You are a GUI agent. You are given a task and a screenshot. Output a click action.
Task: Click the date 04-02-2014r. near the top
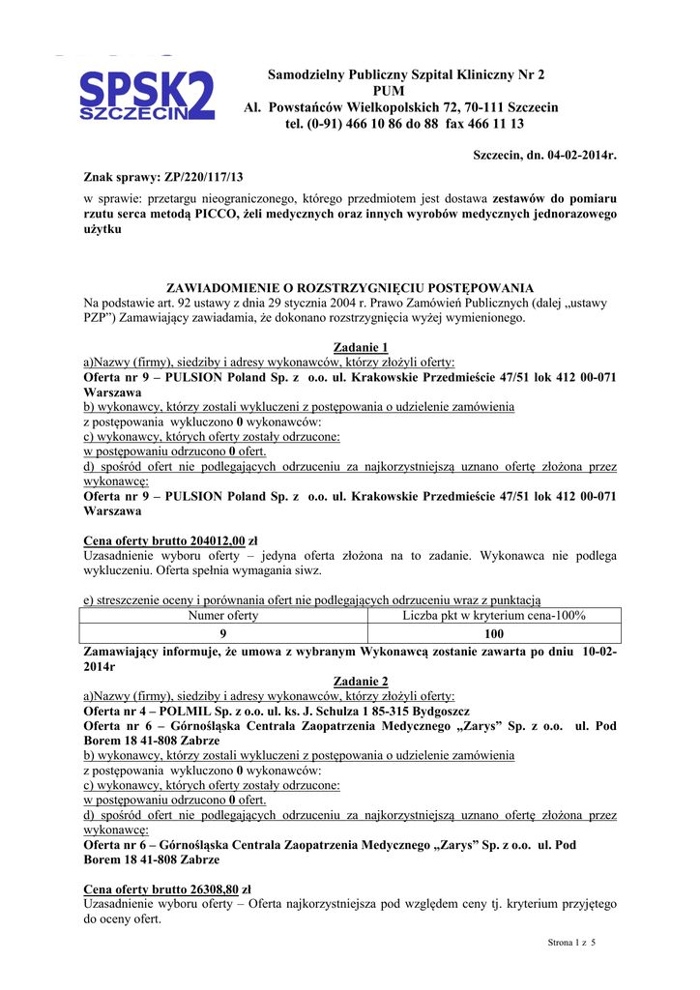pyautogui.click(x=575, y=155)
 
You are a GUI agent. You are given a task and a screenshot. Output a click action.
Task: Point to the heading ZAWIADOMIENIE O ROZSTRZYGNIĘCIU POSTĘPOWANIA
pyautogui.click(x=350, y=288)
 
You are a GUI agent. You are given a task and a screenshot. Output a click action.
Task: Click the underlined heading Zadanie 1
pyautogui.click(x=361, y=347)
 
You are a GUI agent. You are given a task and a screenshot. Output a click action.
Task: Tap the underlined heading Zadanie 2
pyautogui.click(x=361, y=682)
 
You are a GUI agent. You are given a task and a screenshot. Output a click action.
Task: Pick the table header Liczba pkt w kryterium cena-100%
pyautogui.click(x=494, y=615)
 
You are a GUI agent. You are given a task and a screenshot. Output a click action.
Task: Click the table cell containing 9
pyautogui.click(x=223, y=633)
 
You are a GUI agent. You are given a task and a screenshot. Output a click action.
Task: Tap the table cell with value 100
pyautogui.click(x=494, y=633)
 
